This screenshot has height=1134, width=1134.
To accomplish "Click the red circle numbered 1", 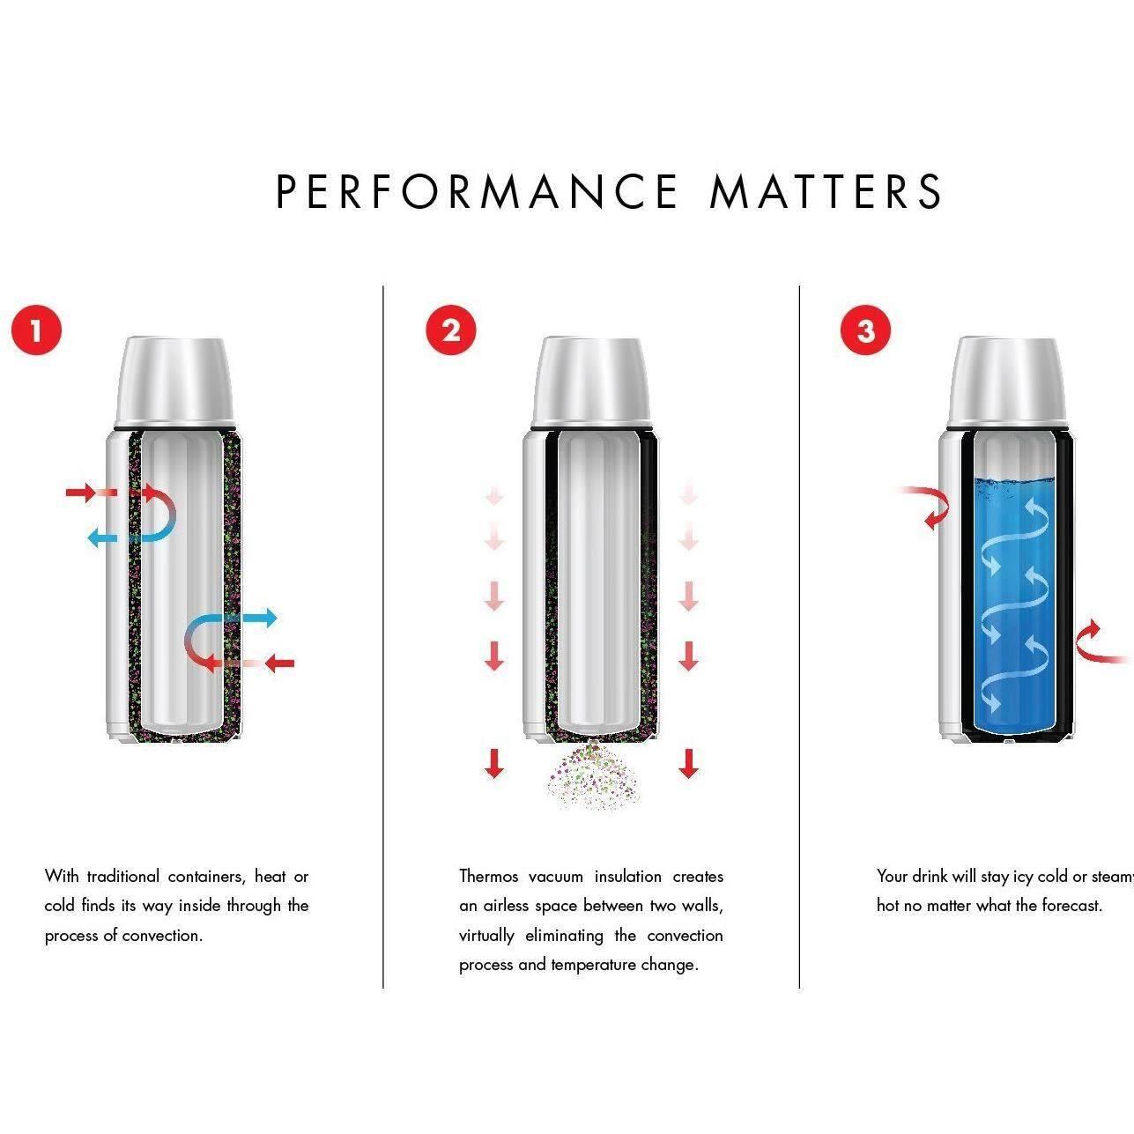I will click(x=36, y=331).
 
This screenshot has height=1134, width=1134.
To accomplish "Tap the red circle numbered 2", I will click(x=451, y=331).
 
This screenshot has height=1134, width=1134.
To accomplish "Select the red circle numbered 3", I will click(x=866, y=331).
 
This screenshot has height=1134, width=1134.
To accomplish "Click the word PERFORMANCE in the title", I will click(x=477, y=191).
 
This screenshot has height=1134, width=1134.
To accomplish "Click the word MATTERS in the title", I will click(x=826, y=191).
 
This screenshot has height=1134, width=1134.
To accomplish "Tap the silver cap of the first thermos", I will click(x=176, y=379).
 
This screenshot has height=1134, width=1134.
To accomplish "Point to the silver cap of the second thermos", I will click(x=592, y=379).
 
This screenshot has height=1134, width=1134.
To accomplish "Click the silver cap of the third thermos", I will click(x=1007, y=379).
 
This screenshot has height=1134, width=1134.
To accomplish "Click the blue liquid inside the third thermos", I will click(x=1015, y=608).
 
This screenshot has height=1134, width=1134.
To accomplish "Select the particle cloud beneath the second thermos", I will click(x=592, y=775).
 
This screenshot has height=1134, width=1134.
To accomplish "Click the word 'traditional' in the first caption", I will click(x=123, y=877).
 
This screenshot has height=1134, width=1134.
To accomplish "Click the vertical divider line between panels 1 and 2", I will click(x=383, y=634).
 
